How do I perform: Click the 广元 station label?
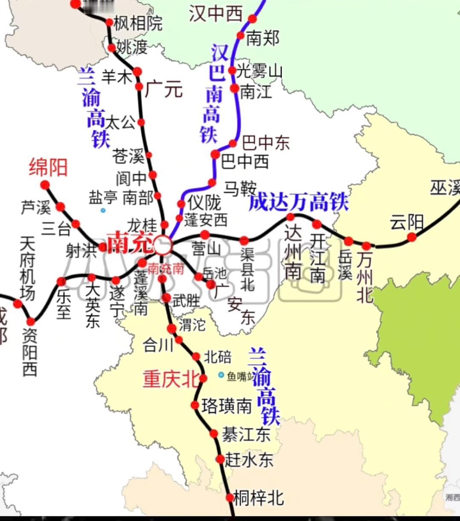pyautogui.click(x=164, y=89)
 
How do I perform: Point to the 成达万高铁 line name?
pyautogui.click(x=299, y=202)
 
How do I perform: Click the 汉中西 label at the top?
pyautogui.click(x=216, y=14)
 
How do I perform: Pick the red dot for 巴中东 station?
pyautogui.click(x=233, y=144)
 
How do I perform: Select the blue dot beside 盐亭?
pyautogui.click(x=103, y=210)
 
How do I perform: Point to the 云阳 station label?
pyautogui.click(x=407, y=222)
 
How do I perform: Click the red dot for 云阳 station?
pyautogui.click(x=411, y=237)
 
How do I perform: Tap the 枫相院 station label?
pyautogui.click(x=138, y=23)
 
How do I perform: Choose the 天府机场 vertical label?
pyautogui.click(x=28, y=268)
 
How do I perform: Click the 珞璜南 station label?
pyautogui.click(x=227, y=406)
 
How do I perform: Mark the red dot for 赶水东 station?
pyautogui.click(x=220, y=459)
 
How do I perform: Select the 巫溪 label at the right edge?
pyautogui.click(x=445, y=187)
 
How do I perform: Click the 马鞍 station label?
pyautogui.click(x=240, y=188)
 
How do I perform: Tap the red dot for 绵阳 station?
pyautogui.click(x=45, y=185)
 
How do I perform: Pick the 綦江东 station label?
pyautogui.click(x=246, y=435)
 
